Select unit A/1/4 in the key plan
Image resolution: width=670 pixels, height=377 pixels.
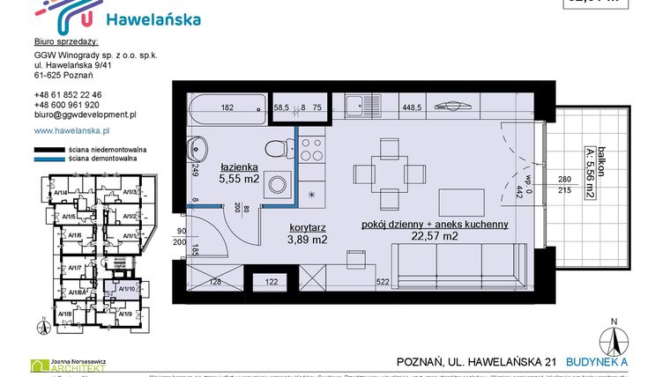[61, 192]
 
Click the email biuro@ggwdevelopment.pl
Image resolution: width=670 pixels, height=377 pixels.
[85, 115]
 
